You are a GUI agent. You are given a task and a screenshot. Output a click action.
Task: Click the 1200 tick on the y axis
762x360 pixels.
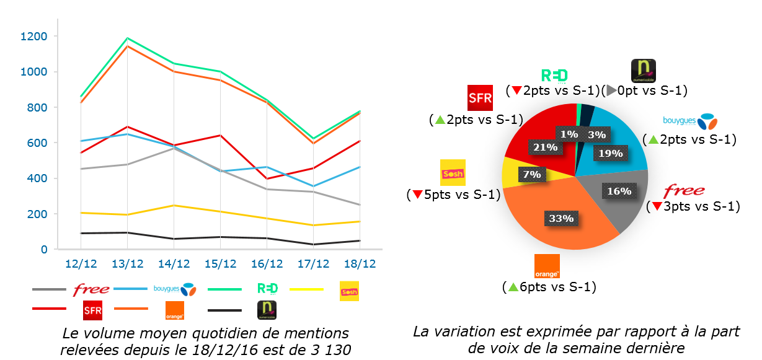point(33,37)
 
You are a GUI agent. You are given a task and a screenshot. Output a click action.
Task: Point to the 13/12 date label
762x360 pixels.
point(127,263)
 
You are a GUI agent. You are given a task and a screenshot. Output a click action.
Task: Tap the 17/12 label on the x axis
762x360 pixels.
point(313,263)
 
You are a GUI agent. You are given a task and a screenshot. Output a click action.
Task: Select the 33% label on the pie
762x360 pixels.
point(562,218)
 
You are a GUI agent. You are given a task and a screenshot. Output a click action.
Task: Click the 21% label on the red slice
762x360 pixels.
point(545,147)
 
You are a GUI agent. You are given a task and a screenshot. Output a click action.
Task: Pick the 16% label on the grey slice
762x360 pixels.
point(619,191)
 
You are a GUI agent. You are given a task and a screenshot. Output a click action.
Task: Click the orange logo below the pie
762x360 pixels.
point(546,266)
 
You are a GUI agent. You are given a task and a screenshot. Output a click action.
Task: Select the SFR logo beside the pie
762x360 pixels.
point(479,98)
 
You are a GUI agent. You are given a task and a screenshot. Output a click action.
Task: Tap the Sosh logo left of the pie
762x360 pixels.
point(452,173)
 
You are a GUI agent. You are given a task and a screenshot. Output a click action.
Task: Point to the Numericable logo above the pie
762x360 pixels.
point(642,71)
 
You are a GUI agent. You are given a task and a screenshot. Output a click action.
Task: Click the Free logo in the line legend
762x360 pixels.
point(91,289)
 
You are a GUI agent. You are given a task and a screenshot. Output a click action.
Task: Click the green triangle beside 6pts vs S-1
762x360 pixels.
point(512,287)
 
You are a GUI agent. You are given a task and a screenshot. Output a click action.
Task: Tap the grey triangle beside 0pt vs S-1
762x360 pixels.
point(611,90)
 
